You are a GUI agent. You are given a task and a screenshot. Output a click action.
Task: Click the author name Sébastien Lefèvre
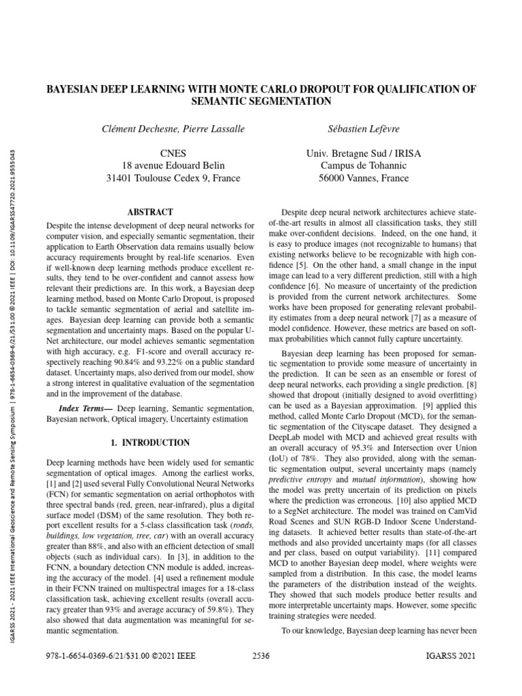(x=364, y=128)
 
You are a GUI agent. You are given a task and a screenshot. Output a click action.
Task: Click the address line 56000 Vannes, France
(x=364, y=179)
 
